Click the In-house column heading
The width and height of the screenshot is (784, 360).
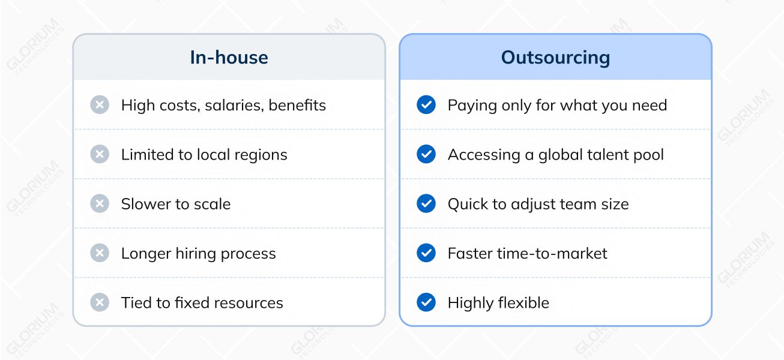pos(229,58)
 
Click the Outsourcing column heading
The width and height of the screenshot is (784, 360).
pos(555,58)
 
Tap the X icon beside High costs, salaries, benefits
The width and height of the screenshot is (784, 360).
pos(100,105)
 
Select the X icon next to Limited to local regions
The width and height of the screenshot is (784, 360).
pos(100,154)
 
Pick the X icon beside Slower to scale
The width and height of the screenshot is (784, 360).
pos(100,203)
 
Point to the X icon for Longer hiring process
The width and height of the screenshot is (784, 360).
pos(100,253)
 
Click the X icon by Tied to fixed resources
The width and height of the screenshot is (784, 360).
pos(100,302)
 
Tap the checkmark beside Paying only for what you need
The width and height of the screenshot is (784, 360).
pos(426,105)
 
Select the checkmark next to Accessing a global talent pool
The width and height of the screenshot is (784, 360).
pos(426,154)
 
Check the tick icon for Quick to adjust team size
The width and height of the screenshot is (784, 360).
pos(426,203)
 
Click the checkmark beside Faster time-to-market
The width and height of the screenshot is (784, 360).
pos(426,253)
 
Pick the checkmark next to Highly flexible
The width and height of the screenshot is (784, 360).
pos(426,302)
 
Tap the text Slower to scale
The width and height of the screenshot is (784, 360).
pos(176,204)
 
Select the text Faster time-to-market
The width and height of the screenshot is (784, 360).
pos(527,253)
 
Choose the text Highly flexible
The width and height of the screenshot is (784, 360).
pos(498,303)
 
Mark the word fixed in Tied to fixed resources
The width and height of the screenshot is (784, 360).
pos(190,302)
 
